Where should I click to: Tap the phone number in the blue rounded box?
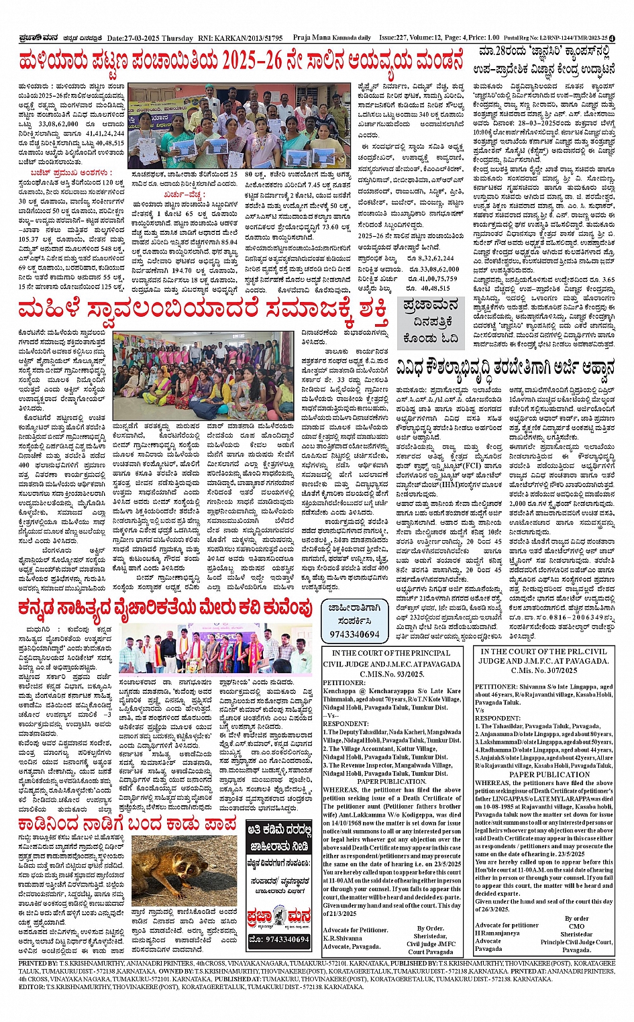[x=354, y=633]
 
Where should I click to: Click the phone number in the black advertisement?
[x=278, y=939]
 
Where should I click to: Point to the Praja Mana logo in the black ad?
[x=279, y=915]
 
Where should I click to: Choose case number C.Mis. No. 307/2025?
[x=544, y=670]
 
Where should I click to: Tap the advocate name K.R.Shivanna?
[x=344, y=938]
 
